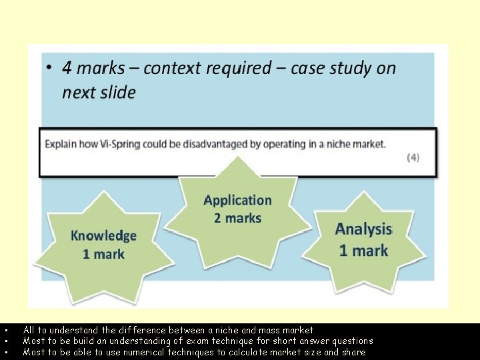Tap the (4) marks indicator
point(413,158)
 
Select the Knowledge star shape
point(104,243)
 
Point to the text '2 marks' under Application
point(237,218)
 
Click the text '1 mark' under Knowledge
point(103,253)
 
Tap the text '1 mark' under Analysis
point(363,250)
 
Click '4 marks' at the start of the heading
point(93,68)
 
